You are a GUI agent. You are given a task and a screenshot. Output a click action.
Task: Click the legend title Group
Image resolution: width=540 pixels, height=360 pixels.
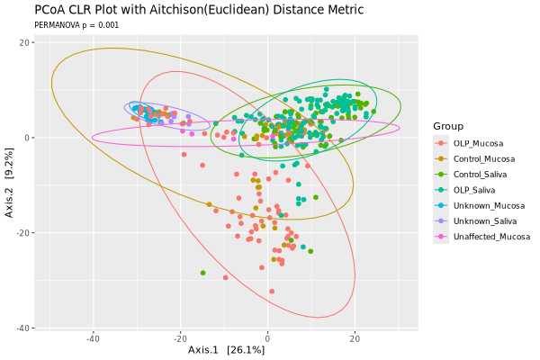pyautogui.click(x=448, y=125)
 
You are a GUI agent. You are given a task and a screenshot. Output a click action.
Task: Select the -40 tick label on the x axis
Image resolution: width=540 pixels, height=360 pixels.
pyautogui.click(x=93, y=338)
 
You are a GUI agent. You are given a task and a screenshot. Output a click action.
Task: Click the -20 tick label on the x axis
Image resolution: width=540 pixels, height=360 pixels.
pyautogui.click(x=179, y=338)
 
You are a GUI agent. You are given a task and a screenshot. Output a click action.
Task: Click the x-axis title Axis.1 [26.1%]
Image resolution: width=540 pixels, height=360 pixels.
pyautogui.click(x=226, y=349)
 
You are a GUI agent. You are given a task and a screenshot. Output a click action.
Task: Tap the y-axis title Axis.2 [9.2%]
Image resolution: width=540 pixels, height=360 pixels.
pyautogui.click(x=10, y=184)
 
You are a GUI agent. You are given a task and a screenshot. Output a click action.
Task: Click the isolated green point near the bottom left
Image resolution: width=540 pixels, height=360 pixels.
pyautogui.click(x=202, y=273)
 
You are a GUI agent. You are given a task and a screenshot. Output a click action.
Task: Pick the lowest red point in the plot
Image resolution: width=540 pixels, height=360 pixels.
pyautogui.click(x=272, y=291)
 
